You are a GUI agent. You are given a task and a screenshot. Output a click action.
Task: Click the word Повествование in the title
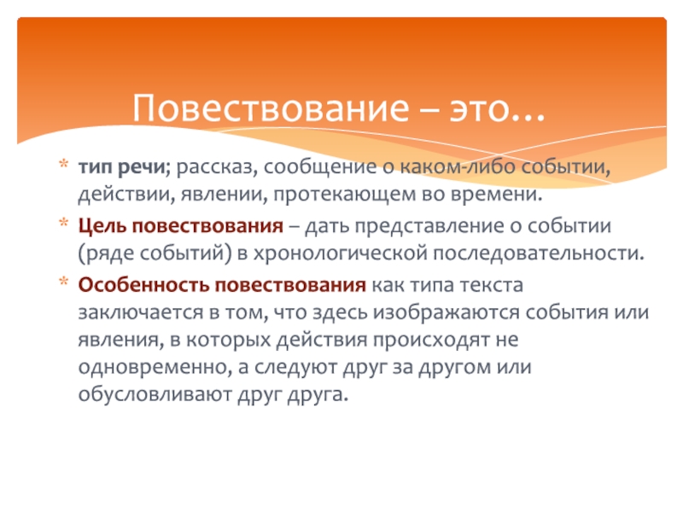coord(271,108)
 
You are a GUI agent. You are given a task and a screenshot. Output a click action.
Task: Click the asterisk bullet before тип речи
coord(63,164)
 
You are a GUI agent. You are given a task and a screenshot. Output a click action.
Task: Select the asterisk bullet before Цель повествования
coord(63,223)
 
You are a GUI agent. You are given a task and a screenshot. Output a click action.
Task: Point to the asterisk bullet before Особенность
coord(63,282)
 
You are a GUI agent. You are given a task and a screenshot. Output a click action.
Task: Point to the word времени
coord(496,195)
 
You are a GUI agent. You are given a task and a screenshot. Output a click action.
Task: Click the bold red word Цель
coord(102,226)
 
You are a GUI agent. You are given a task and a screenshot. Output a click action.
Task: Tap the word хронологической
coord(340,253)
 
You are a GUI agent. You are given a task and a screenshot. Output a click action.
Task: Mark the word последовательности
coord(539,253)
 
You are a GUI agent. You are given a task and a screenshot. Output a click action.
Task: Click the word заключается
coord(140,312)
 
